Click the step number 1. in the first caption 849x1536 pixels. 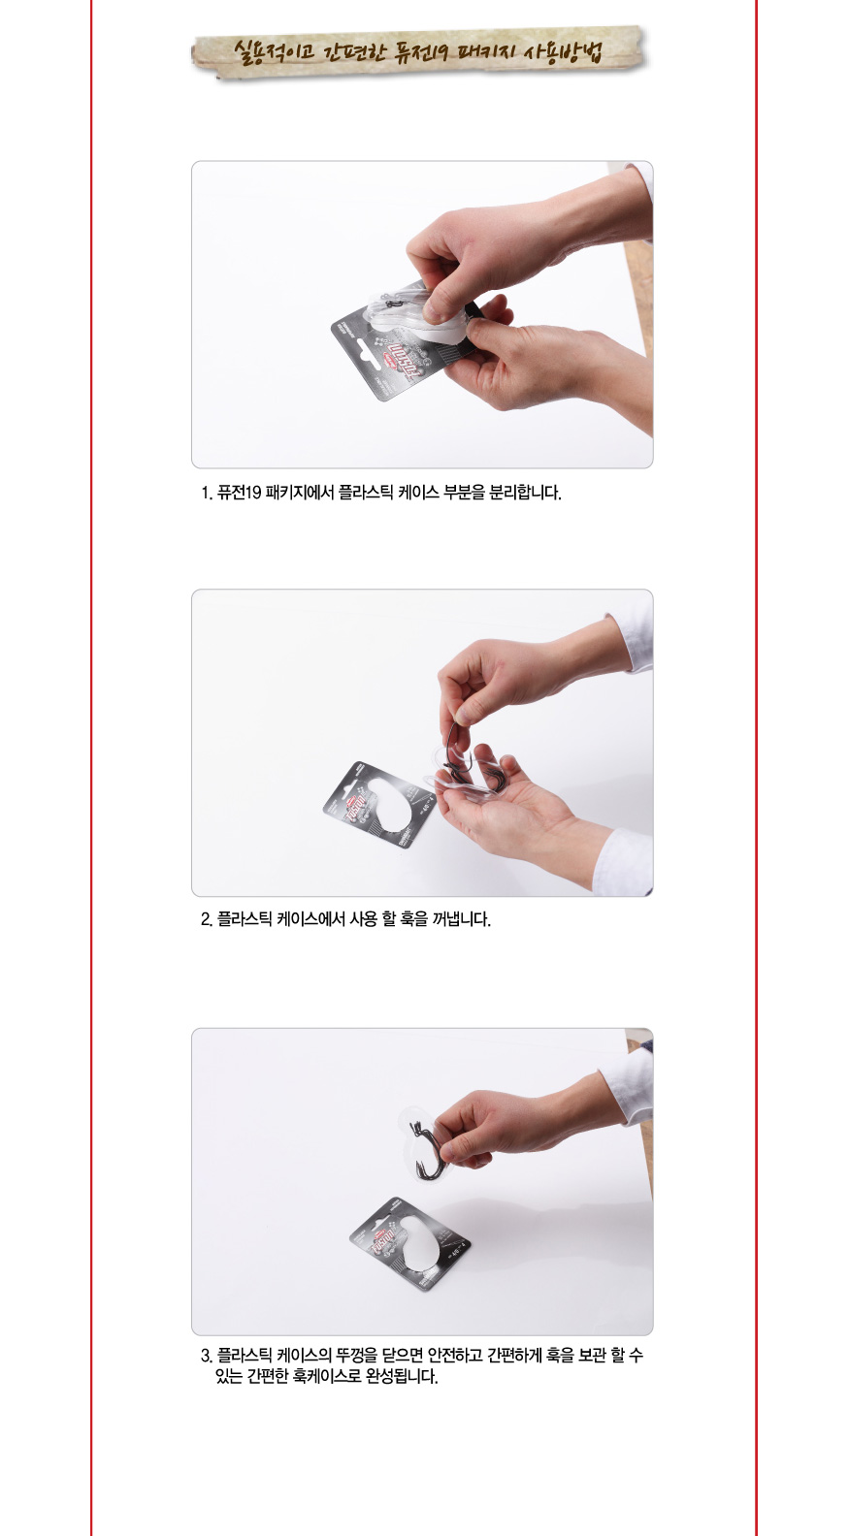(x=207, y=493)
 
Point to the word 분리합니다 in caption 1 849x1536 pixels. (x=525, y=493)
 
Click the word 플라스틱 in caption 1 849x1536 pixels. (x=365, y=493)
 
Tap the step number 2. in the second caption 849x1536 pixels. (x=207, y=919)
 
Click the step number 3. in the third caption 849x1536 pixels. (x=207, y=1356)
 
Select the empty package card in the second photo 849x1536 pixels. (x=378, y=804)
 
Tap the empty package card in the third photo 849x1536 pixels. (x=410, y=1244)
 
